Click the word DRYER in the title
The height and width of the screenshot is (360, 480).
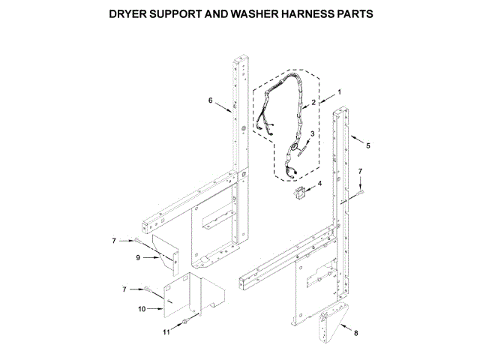tap(127, 14)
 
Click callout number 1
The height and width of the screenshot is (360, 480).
tap(339, 92)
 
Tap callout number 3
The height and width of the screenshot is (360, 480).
tap(313, 133)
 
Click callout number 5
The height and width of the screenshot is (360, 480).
tap(367, 145)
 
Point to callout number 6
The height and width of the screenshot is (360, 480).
tap(211, 100)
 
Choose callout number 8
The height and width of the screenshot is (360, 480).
tap(355, 332)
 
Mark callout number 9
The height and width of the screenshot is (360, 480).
tap(138, 257)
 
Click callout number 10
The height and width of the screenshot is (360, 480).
tap(142, 308)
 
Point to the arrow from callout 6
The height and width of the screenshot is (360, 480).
tap(223, 106)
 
